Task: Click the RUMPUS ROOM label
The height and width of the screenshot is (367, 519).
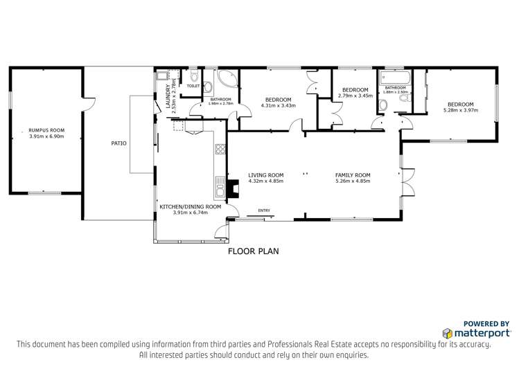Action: point(46,130)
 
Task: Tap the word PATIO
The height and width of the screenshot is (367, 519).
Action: point(118,143)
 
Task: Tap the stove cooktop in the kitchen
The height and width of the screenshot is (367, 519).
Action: point(220,148)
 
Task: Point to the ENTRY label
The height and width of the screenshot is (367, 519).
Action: point(264,211)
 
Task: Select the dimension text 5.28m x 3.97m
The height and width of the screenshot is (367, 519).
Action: point(461,109)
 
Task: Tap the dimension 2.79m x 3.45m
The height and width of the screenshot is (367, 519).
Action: point(355,96)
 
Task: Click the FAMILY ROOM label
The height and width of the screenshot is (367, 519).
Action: point(353,174)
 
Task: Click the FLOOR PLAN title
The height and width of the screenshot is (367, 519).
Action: point(254,251)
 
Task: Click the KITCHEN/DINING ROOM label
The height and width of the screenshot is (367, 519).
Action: point(191,206)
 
